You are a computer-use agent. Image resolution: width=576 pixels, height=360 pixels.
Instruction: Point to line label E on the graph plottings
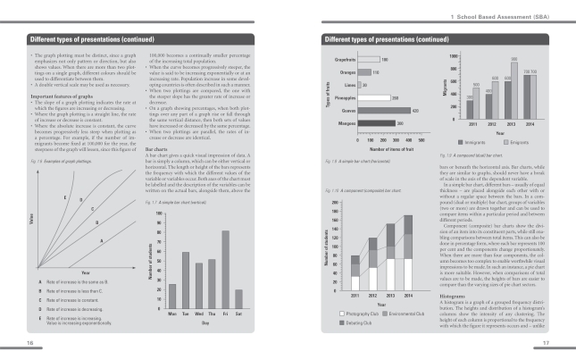[64, 196]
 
